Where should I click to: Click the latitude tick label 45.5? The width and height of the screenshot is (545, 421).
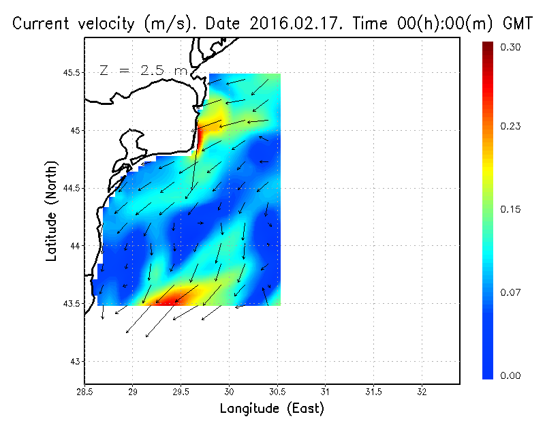71,72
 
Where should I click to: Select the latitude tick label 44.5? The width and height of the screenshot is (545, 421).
71,188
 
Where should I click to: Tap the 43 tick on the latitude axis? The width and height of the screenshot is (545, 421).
75,361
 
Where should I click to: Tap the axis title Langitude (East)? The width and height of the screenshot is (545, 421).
272,409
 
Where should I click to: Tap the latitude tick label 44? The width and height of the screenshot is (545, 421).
75,245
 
